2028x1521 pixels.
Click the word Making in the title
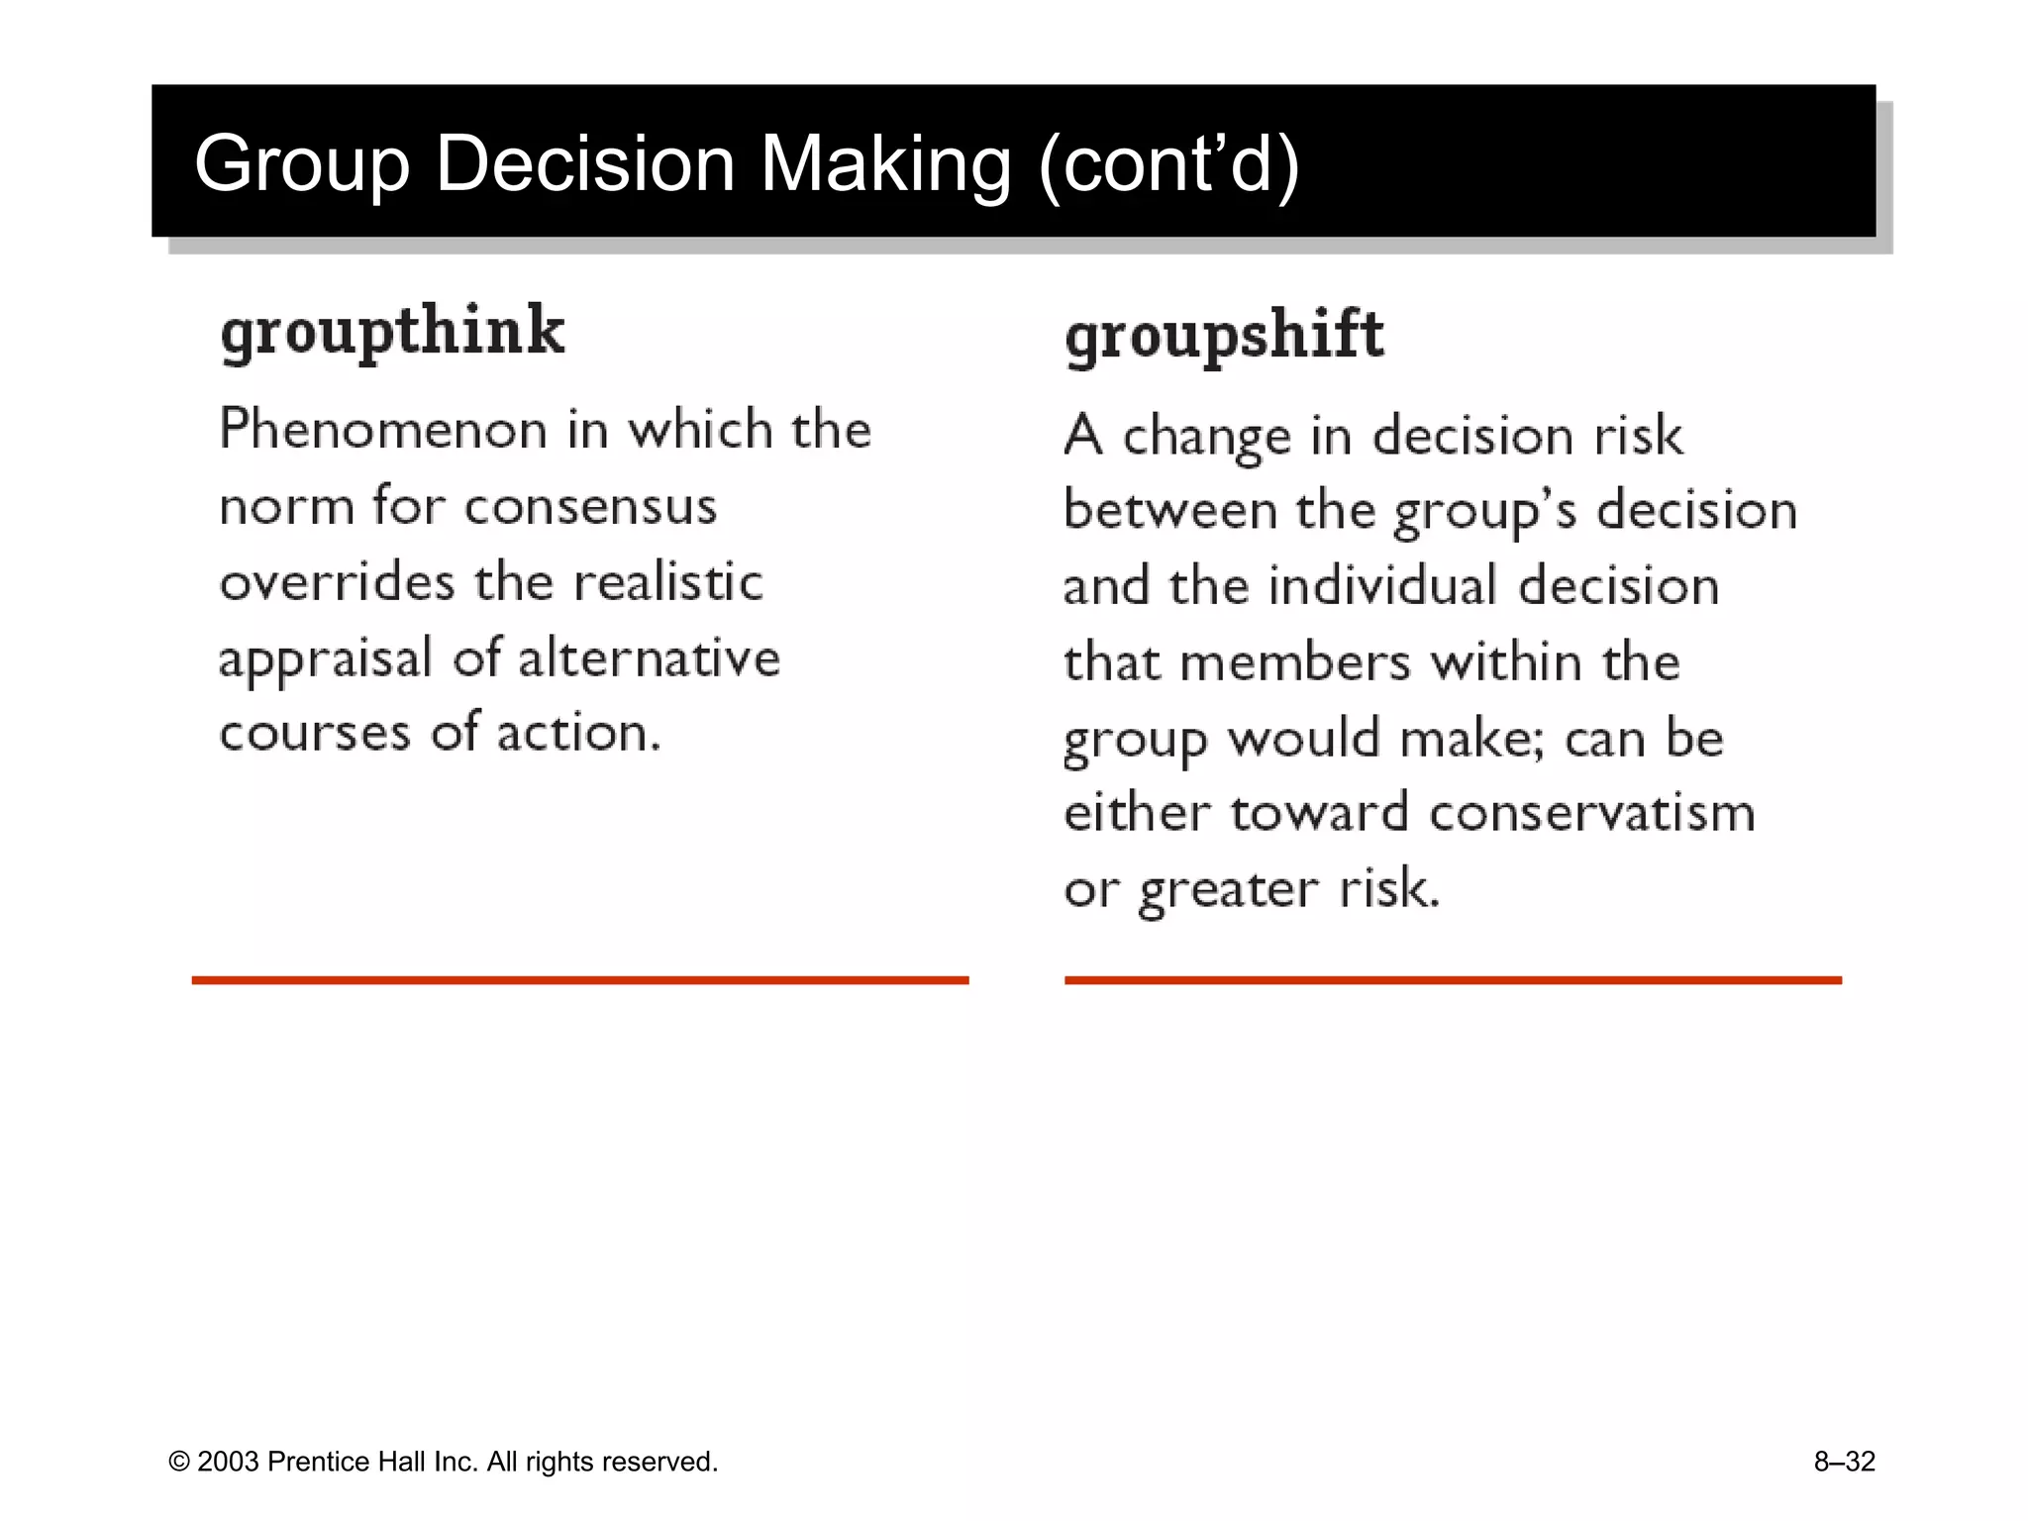click(885, 163)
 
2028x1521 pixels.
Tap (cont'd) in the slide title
click(1168, 163)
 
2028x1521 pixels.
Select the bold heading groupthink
click(392, 332)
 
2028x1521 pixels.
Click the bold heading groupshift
click(1224, 336)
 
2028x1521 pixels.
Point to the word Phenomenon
click(383, 431)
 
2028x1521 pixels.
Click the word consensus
click(590, 507)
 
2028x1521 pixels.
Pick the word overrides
click(337, 582)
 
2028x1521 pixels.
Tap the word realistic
click(668, 582)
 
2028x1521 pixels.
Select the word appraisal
click(326, 659)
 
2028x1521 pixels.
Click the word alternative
click(649, 659)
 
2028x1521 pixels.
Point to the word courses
click(315, 734)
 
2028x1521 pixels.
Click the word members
click(1295, 662)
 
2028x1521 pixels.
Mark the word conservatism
click(1592, 814)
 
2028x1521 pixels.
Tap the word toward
click(1319, 814)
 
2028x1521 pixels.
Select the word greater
click(1228, 890)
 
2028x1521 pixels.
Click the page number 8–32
click(1844, 1462)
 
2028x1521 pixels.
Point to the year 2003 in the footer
click(228, 1462)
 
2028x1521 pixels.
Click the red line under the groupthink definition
click(580, 980)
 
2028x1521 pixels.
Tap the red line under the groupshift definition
click(1453, 980)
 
